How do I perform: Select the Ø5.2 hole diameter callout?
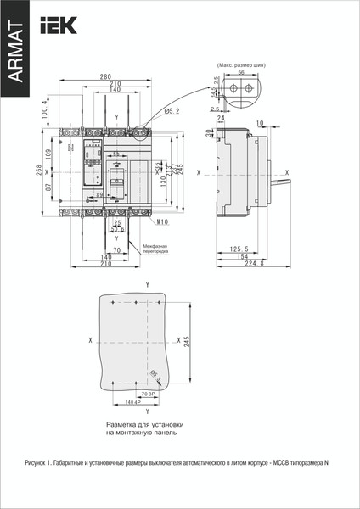171,110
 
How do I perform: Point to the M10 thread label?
163,222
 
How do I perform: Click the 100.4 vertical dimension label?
45,110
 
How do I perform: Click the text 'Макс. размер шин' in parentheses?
241,64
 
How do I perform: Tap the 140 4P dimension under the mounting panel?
132,402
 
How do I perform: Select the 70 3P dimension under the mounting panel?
147,394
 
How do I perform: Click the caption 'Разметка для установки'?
144,423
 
